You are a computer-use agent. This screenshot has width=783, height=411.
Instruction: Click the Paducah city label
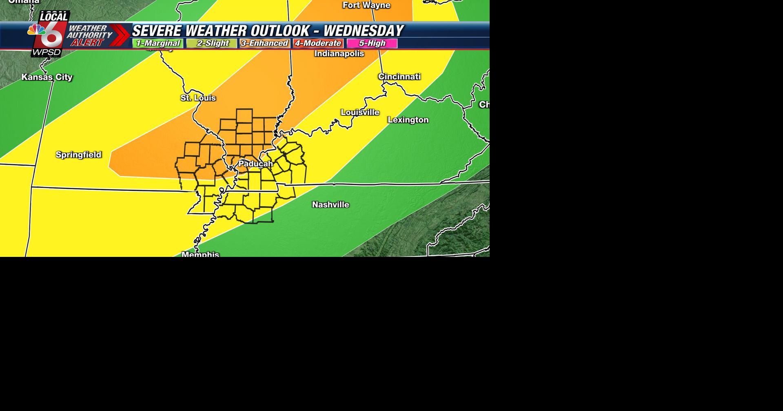[255, 164]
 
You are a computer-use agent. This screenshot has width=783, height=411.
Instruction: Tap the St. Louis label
[198, 98]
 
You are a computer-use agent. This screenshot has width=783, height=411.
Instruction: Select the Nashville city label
[331, 205]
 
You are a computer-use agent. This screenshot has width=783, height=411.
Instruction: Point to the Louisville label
[360, 112]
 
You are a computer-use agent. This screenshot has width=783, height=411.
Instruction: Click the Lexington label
[408, 120]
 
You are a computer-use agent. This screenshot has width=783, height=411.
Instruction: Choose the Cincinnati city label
[399, 77]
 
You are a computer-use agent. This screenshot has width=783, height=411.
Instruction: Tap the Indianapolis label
[339, 54]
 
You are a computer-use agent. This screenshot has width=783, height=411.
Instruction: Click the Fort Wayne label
[366, 5]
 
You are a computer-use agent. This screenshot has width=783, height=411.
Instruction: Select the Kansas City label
[47, 77]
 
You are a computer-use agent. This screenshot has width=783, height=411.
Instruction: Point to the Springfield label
[78, 155]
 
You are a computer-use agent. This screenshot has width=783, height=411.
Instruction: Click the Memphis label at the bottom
[200, 254]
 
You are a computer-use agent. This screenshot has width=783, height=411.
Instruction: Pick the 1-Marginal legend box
[157, 43]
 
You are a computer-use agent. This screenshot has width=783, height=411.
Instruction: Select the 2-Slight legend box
[212, 43]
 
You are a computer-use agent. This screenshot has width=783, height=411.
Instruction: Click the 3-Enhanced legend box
[264, 43]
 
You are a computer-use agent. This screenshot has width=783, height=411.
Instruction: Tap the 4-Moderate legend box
[318, 43]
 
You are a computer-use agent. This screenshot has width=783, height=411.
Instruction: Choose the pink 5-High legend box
[372, 43]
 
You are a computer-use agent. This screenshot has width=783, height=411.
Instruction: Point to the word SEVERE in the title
[157, 31]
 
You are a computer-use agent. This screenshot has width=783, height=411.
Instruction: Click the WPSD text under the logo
[47, 53]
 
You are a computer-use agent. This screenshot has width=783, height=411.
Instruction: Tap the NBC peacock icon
[36, 30]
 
